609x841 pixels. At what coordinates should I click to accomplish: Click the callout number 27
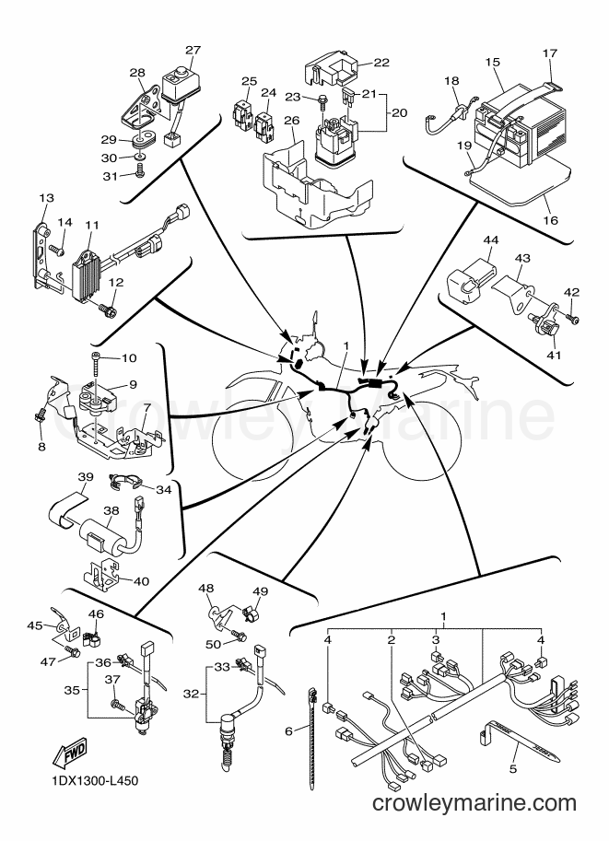coord(193,50)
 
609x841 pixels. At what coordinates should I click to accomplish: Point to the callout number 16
coord(551,220)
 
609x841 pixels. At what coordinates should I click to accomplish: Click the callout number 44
coord(490,239)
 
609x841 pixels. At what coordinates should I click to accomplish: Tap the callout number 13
coord(47,198)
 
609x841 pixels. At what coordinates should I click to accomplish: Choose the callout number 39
coord(86,477)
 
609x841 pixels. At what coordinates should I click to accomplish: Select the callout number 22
coord(381,63)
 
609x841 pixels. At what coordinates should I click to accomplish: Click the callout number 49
coord(260,591)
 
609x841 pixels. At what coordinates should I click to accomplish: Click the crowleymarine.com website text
coord(474,803)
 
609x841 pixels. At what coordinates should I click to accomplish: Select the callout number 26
coord(291,120)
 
